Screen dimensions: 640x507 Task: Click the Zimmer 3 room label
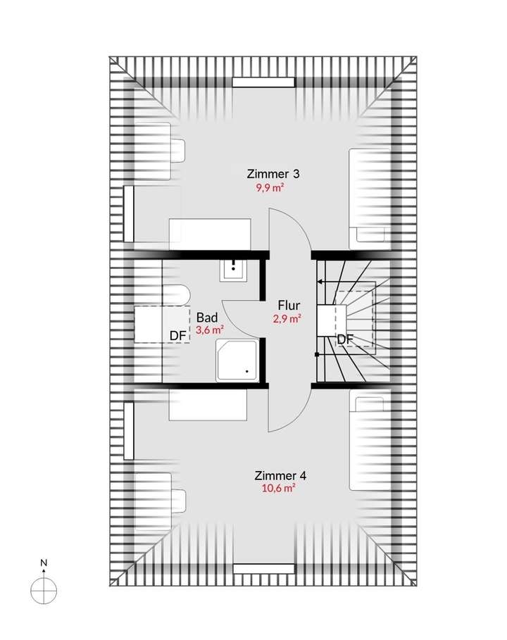click(x=273, y=173)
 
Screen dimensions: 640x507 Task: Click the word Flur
click(x=289, y=306)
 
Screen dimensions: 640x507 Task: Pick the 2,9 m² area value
click(x=287, y=318)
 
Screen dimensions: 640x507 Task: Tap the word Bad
click(x=207, y=317)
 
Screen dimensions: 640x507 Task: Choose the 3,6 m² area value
click(x=210, y=329)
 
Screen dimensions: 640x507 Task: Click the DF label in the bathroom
click(x=177, y=336)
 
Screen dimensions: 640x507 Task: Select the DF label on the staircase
click(x=345, y=339)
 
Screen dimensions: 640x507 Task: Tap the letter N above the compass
click(x=44, y=563)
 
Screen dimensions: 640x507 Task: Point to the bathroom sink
click(x=234, y=270)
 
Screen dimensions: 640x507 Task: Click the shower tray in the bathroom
click(x=236, y=360)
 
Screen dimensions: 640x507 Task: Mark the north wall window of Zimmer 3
click(x=263, y=82)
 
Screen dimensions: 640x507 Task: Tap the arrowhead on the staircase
click(x=320, y=282)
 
